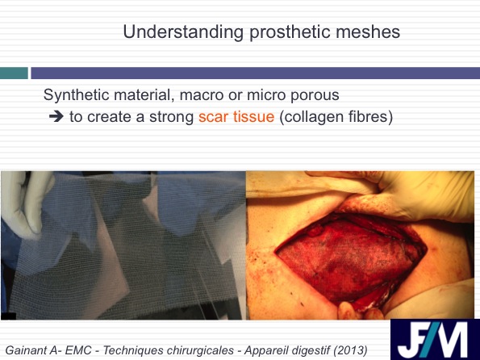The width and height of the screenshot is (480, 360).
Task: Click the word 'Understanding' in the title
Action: click(183, 31)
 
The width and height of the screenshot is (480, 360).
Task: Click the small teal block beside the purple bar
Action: click(14, 73)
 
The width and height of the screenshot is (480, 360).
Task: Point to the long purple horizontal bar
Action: click(255, 73)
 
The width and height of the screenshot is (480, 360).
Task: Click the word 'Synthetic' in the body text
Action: click(76, 94)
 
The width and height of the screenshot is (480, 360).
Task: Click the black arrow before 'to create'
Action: click(56, 117)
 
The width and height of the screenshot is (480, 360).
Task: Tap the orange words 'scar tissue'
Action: click(236, 117)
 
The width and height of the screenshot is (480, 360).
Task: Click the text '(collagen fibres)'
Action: click(336, 117)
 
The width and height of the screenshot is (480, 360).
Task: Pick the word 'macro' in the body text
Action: click(201, 95)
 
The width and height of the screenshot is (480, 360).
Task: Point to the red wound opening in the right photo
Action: click(349, 261)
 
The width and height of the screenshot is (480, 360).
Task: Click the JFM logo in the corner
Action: click(435, 340)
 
